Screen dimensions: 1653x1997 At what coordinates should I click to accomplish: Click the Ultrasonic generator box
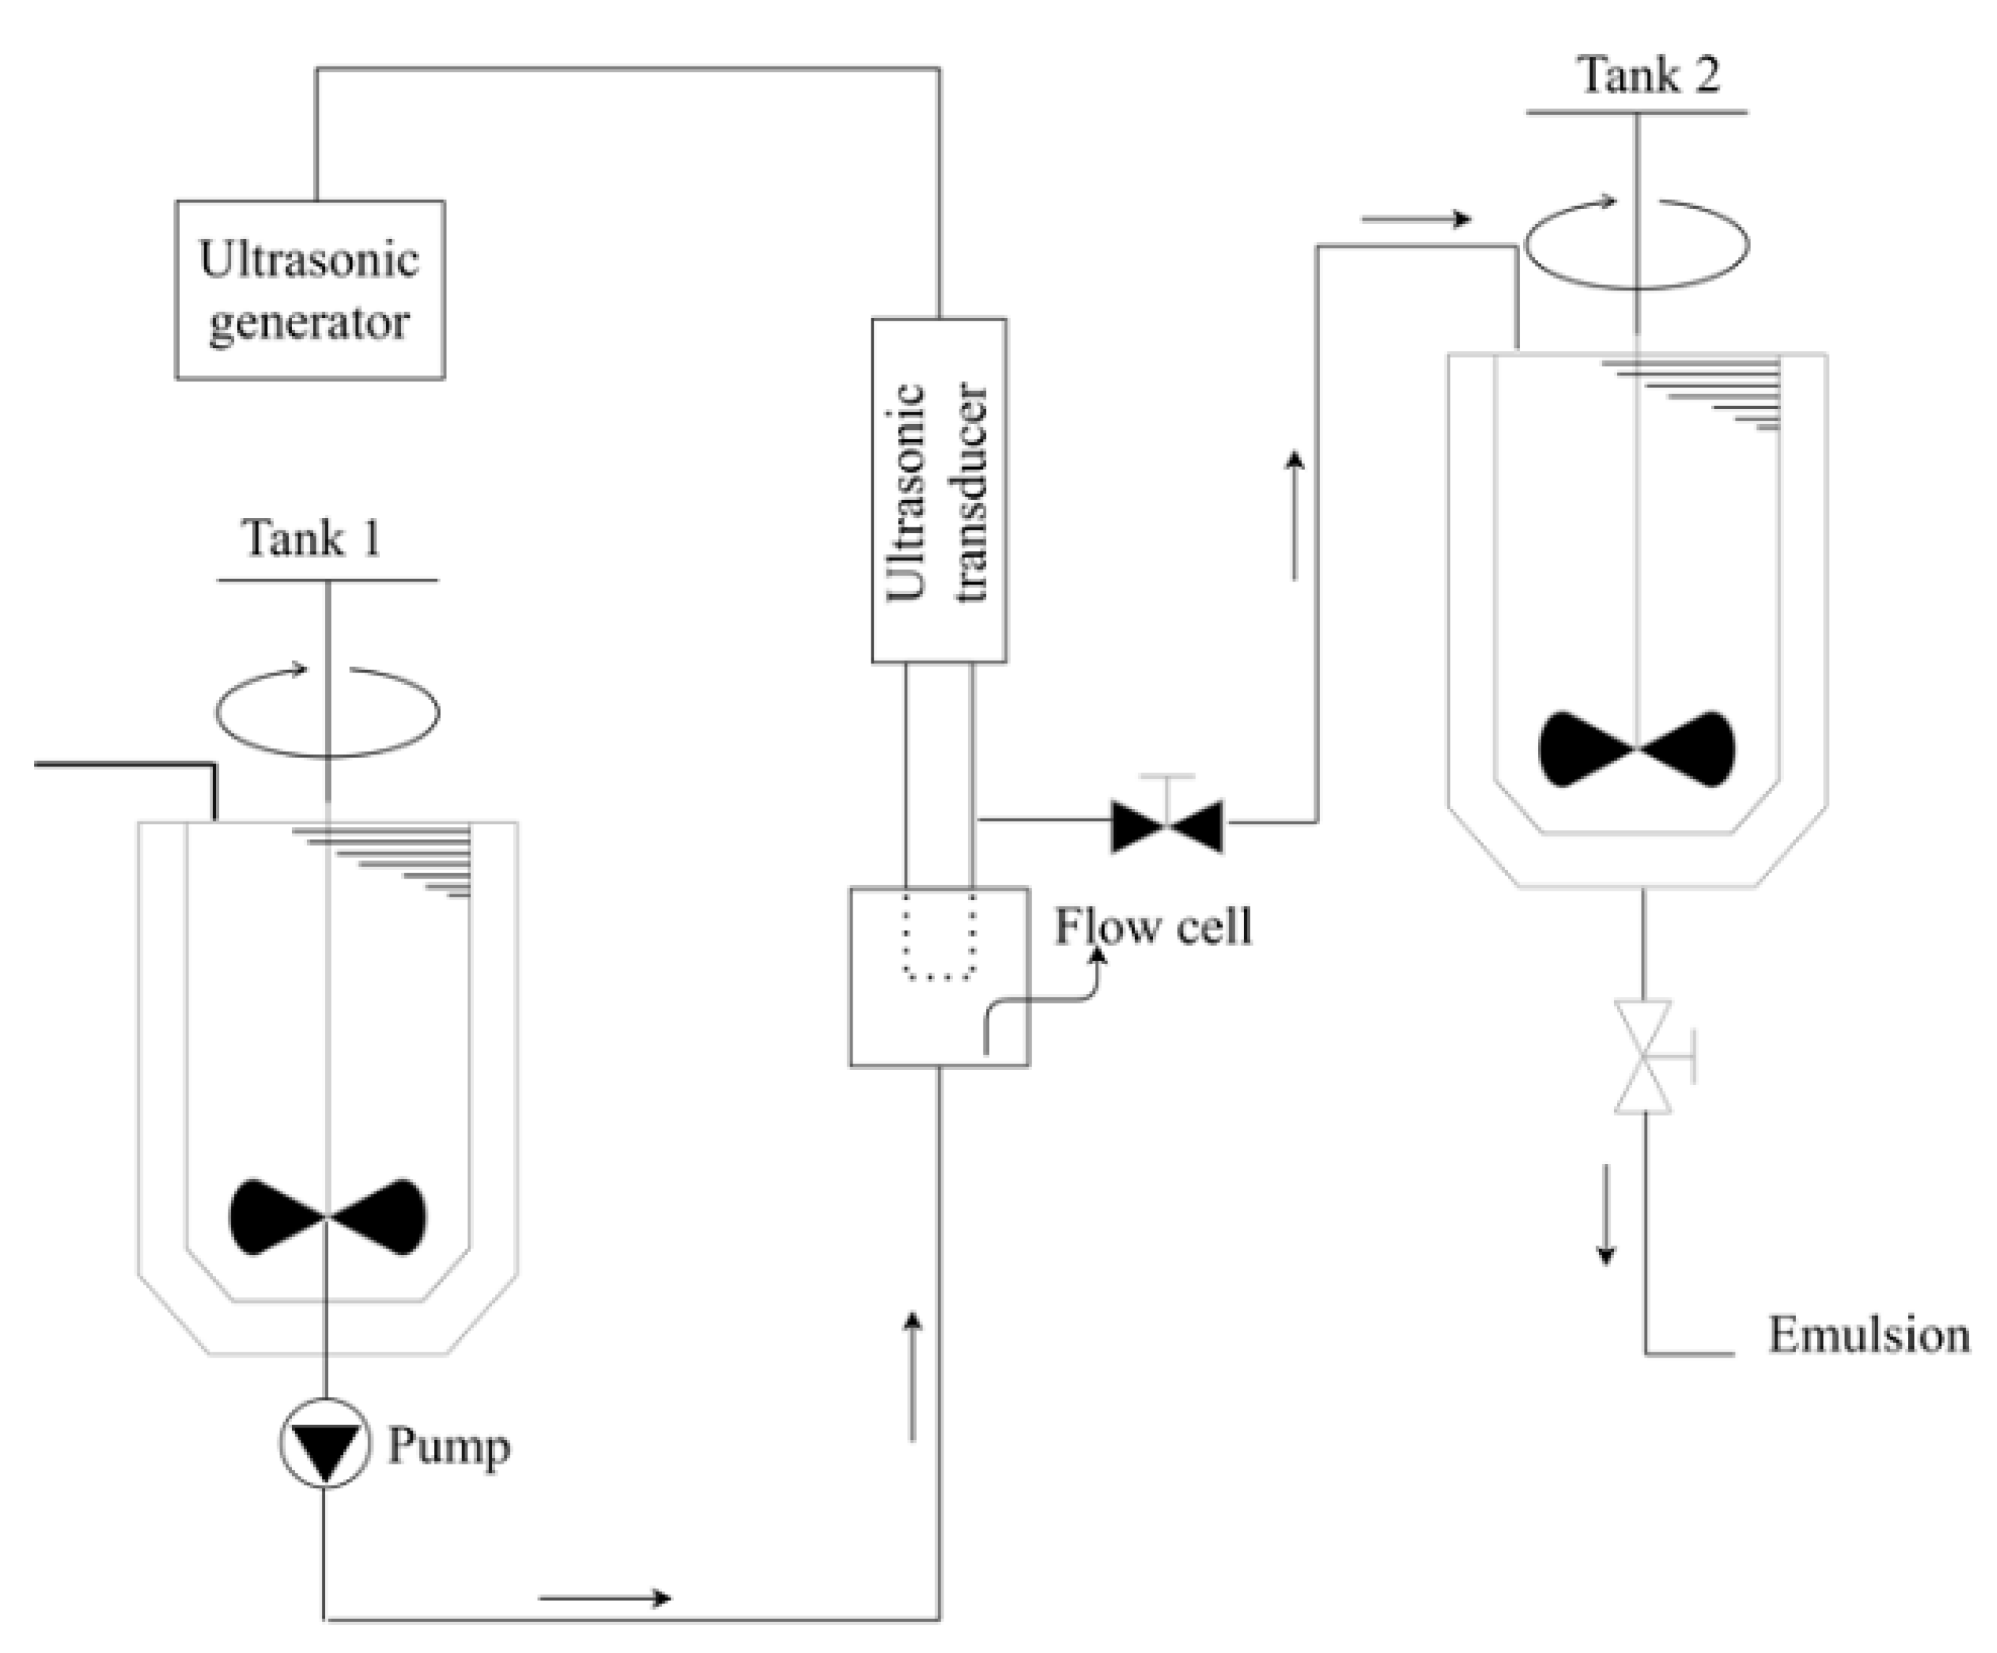pos(309,290)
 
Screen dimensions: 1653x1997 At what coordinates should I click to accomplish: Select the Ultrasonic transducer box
pos(939,490)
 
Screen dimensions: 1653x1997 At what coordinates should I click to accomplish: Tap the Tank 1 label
pos(311,539)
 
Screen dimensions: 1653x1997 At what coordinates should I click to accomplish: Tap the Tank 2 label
pos(1649,75)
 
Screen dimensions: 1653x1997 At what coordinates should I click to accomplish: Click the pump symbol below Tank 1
pos(324,1443)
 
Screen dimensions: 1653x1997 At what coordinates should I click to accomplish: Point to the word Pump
pos(448,1446)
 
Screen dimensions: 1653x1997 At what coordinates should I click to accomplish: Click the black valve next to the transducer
pos(1167,826)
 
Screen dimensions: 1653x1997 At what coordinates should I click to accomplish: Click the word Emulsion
pos(1868,1335)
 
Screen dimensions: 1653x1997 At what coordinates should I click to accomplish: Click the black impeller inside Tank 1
pos(328,1217)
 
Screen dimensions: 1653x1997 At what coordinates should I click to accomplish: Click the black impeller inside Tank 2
pos(1636,749)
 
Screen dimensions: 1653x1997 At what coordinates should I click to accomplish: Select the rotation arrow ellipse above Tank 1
pos(327,712)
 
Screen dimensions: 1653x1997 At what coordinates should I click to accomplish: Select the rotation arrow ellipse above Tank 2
pos(1636,243)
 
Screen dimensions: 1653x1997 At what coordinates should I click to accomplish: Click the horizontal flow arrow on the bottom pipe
pos(605,1598)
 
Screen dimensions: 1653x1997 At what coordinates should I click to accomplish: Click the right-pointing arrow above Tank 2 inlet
pos(1416,220)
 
